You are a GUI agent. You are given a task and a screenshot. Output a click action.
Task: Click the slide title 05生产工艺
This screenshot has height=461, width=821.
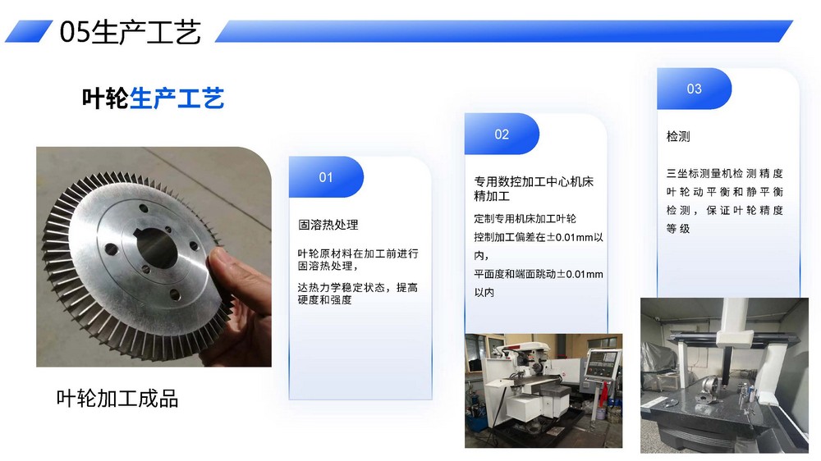point(130,31)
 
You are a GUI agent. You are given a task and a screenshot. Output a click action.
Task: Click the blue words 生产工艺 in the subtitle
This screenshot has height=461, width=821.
point(177,98)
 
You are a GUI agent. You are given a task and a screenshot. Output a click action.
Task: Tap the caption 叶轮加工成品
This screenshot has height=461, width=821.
point(117,399)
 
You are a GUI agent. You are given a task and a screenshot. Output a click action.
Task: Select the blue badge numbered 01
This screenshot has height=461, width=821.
point(326,177)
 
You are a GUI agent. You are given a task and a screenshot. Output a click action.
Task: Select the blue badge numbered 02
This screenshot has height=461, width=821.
point(502,134)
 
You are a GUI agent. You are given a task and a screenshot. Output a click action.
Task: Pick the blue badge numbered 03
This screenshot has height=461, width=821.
point(694,89)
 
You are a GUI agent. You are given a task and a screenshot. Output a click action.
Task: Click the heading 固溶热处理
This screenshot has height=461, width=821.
point(328,225)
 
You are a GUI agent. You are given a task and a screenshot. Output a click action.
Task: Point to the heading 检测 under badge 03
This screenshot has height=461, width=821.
point(678,136)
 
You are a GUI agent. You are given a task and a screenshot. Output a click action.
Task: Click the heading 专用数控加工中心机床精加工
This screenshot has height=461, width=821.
point(534,189)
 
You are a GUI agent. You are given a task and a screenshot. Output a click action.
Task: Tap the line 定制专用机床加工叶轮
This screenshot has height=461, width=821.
point(525,219)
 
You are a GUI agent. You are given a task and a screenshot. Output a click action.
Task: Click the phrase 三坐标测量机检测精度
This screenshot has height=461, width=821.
point(725,173)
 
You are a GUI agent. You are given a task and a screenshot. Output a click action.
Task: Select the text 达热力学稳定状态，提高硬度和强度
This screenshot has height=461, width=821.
point(358,294)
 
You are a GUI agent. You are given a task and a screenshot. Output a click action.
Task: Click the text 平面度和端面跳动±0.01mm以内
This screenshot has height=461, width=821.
point(539,283)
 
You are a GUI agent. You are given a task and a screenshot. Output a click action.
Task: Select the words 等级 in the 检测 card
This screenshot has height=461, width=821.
point(678,229)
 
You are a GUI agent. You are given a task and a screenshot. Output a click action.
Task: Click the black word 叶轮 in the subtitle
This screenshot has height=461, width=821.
point(105,98)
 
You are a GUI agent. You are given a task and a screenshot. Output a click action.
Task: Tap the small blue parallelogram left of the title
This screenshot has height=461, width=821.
point(29,31)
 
